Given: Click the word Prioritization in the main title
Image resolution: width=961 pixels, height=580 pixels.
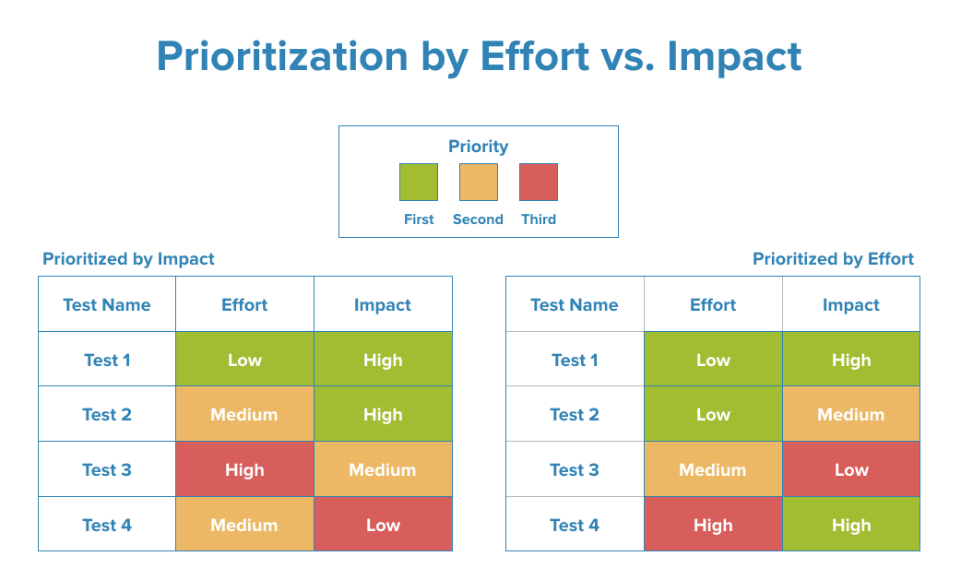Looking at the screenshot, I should click(282, 57).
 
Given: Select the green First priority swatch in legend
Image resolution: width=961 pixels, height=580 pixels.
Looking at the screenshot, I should click(419, 183).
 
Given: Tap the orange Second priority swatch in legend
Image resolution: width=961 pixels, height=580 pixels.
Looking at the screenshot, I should click(479, 183).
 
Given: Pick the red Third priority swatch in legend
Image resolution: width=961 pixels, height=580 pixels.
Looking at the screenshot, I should click(539, 183).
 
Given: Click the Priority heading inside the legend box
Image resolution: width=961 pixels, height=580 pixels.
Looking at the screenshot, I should click(478, 147).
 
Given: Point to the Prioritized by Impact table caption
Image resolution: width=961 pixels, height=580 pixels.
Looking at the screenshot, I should click(128, 259).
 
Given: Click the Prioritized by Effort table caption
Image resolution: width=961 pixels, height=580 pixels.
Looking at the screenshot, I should click(833, 259).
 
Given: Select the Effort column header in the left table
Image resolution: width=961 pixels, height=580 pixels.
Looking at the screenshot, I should click(244, 305).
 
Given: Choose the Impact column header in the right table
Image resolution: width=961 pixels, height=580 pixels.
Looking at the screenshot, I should click(850, 305).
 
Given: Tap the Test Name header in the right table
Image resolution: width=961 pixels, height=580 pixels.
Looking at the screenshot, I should click(575, 305).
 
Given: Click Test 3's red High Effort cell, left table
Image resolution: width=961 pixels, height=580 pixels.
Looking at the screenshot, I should click(244, 469).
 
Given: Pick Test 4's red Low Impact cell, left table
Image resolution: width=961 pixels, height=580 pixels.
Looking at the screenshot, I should click(383, 525).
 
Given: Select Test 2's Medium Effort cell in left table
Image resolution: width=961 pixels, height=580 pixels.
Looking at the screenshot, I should click(244, 414).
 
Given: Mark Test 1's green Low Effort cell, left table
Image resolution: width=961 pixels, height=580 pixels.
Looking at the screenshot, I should click(244, 360).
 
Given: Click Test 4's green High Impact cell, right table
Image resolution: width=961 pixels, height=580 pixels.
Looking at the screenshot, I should click(850, 525).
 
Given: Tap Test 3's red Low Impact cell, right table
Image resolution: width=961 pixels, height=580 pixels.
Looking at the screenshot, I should click(850, 469).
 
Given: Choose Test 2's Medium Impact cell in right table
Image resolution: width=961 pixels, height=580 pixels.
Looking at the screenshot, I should click(850, 414).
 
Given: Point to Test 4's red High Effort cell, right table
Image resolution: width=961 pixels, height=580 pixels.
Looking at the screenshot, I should click(713, 525).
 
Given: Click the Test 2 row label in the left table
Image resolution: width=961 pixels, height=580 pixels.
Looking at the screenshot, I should click(107, 414).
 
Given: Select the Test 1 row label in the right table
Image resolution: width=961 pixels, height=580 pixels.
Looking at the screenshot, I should click(575, 360).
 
